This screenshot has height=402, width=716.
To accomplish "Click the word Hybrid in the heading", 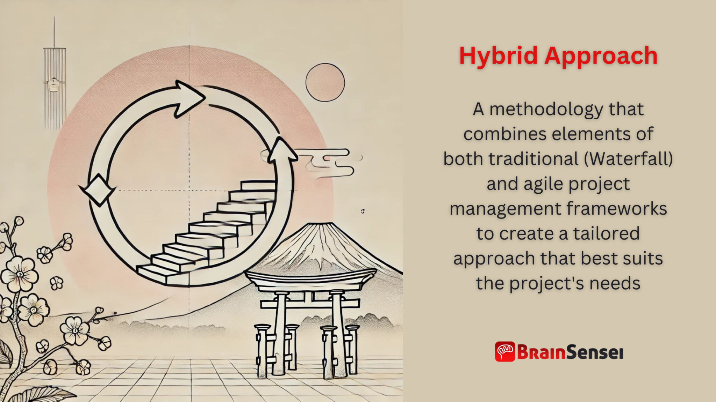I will pos(498,56).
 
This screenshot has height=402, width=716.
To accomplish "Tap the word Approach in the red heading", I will pos(601,56).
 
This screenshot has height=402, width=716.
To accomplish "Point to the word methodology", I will pos(546,109).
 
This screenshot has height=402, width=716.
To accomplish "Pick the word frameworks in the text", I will pos(617,209).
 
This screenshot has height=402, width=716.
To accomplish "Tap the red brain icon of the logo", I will pos(505,351).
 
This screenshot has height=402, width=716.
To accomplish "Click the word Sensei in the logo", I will pos(594,352).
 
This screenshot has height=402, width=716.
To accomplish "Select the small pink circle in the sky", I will pos(325,83).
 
